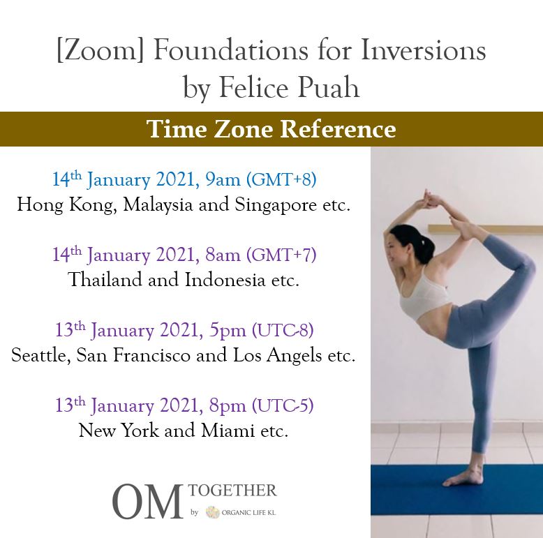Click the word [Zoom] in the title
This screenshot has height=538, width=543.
click(101, 51)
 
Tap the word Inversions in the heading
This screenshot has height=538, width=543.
click(423, 50)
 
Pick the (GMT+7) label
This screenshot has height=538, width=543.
click(281, 255)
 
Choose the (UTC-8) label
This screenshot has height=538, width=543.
click(283, 329)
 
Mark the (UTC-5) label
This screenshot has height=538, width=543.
click(283, 405)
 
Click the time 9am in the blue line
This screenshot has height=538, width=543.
click(223, 180)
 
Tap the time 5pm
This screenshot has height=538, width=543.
click(227, 331)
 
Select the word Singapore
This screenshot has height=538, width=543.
click(275, 205)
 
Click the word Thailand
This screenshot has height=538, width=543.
click(105, 279)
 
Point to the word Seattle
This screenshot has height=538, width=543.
click(40, 355)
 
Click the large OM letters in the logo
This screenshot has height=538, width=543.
click(148, 501)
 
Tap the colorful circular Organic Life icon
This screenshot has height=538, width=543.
click(213, 512)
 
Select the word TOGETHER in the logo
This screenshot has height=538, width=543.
click(232, 491)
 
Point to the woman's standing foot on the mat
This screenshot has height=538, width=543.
click(463, 478)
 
